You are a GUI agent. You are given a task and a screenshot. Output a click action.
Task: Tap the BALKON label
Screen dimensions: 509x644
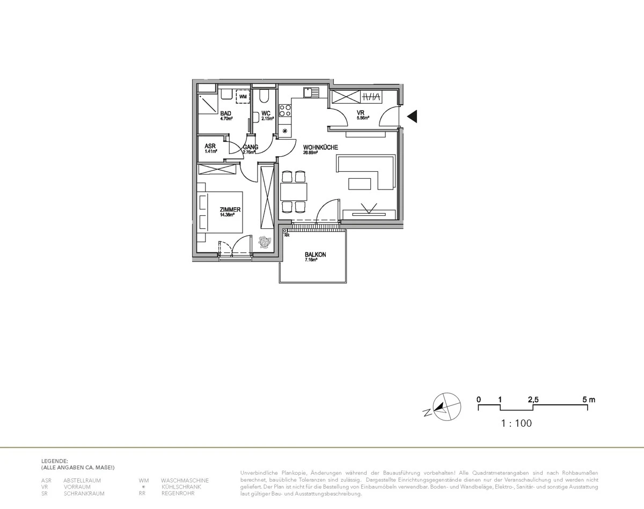(315, 255)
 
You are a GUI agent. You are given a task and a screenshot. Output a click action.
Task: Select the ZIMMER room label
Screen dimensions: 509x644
(230, 209)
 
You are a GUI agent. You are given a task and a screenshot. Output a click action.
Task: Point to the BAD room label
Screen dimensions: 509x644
(225, 113)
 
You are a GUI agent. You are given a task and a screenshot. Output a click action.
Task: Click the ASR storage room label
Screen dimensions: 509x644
(210, 146)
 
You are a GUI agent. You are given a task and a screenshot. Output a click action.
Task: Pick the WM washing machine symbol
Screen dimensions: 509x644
(243, 97)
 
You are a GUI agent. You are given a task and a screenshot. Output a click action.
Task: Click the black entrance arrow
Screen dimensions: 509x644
(413, 117)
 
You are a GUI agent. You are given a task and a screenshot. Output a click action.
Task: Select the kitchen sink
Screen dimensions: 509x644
(311, 92)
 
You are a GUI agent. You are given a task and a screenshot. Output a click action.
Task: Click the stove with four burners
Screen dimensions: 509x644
(285, 111)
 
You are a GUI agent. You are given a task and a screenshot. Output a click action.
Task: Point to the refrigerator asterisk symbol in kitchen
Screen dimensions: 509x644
(285, 131)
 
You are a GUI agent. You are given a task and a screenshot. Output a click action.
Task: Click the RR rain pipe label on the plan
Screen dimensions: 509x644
(287, 235)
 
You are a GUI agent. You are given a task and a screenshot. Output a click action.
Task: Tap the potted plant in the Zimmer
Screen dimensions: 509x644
(264, 242)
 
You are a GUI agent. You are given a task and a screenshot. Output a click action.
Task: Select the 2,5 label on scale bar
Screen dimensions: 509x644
(533, 399)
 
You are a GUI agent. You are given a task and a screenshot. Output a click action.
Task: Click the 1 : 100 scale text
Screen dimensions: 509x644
(516, 424)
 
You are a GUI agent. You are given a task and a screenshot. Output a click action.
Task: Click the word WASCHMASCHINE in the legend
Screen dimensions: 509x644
(185, 481)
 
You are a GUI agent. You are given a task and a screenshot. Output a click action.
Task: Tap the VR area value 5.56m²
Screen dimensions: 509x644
(363, 118)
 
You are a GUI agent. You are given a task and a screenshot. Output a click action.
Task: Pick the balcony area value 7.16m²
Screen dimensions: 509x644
(311, 260)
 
